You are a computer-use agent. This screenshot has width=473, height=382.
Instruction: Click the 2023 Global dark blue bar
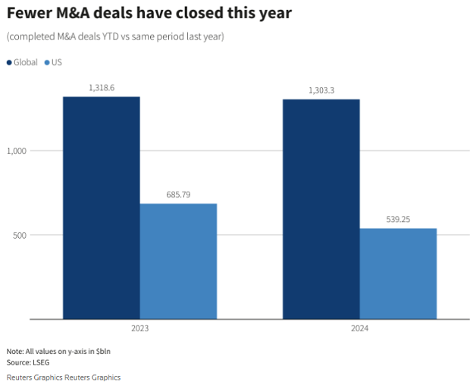[101, 208]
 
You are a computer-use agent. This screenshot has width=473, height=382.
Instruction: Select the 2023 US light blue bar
[178, 261]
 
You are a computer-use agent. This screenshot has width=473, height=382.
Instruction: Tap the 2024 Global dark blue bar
[321, 209]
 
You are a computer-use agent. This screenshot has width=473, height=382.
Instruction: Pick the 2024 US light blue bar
[398, 273]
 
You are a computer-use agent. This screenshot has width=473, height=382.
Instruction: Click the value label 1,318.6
[101, 88]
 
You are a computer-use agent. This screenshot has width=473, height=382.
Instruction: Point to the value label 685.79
[178, 195]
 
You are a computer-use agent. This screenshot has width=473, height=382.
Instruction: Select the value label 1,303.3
[321, 91]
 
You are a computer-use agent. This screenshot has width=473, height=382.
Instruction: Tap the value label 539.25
[398, 220]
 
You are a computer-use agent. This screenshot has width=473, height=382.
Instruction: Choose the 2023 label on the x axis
[139, 329]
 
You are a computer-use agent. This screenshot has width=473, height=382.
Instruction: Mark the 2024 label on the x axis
[359, 329]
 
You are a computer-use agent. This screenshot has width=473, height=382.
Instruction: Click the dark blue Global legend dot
[9, 62]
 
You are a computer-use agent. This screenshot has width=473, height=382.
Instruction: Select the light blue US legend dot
[47, 62]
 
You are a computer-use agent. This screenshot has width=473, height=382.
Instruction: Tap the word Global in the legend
[26, 62]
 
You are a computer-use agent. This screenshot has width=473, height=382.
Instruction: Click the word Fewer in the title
[29, 14]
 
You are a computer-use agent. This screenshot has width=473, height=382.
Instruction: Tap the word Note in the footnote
[14, 352]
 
